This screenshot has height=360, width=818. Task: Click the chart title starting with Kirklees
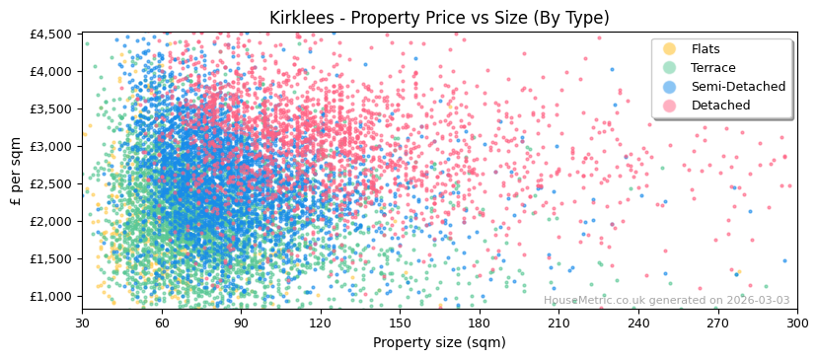(439, 18)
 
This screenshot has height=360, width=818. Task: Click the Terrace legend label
(713, 68)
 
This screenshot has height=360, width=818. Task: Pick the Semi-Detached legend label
(738, 87)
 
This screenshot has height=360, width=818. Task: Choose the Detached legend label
(720, 106)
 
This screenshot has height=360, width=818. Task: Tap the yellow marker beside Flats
(670, 49)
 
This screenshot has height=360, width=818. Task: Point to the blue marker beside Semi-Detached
(670, 87)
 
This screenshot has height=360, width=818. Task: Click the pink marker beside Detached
(670, 106)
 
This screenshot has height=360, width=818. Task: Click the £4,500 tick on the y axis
(51, 34)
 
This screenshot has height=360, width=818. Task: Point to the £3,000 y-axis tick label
(51, 146)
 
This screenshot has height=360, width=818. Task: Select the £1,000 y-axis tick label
(51, 296)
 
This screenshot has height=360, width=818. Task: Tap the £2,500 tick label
(51, 183)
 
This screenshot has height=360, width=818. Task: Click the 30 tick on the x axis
(82, 323)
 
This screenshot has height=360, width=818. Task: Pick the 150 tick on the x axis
(400, 323)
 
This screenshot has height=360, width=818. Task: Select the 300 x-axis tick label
(797, 323)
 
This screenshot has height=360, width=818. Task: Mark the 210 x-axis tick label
(558, 323)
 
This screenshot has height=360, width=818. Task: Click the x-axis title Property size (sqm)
(439, 342)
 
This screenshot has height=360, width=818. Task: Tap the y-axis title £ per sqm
(16, 172)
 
